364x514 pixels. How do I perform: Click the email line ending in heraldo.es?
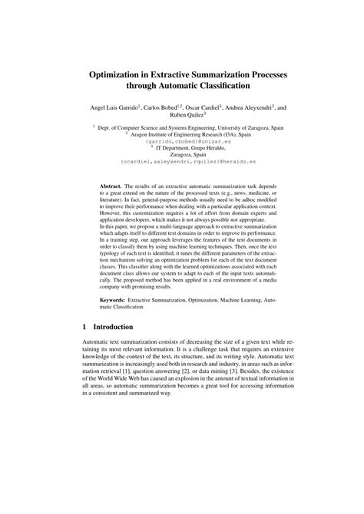[182, 162]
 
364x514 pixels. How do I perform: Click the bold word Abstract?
[114, 186]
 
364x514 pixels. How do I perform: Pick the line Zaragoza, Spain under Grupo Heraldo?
[182, 155]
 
